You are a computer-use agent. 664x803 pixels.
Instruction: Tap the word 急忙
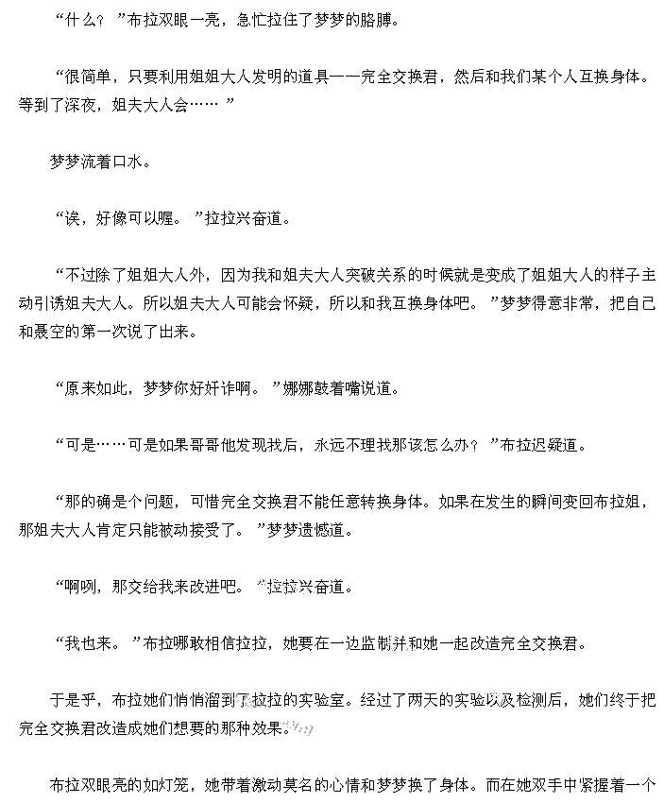pos(251,21)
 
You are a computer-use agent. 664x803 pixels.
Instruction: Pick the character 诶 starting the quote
pos(73,218)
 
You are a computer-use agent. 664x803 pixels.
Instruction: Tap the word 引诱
pos(49,303)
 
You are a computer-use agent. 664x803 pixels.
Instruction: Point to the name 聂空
pos(49,332)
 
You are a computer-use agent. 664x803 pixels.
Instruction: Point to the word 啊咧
pos(80,587)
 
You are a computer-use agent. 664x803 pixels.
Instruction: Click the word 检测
pos(531,699)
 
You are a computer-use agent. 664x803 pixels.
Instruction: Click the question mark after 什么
pos(100,22)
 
